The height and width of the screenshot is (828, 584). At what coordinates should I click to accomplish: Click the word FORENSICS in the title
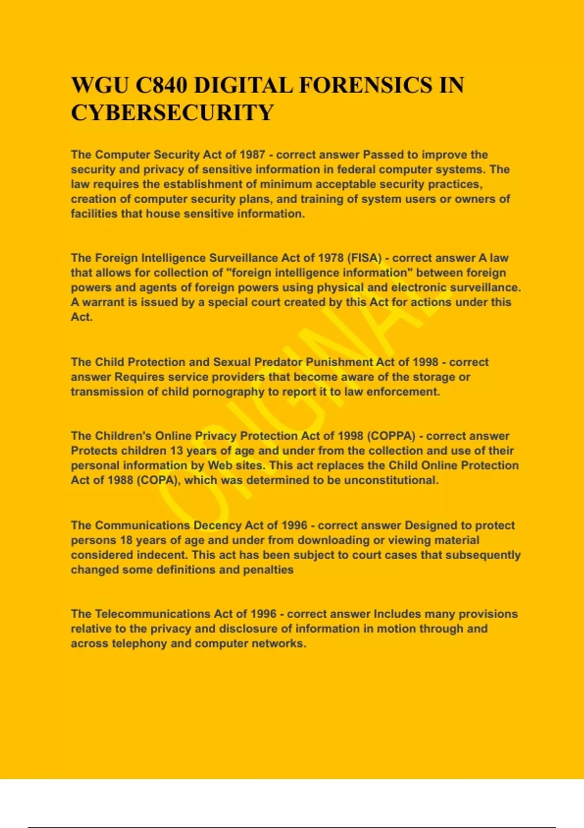coord(365,85)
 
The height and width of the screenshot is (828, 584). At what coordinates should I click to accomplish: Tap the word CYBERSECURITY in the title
coord(172,113)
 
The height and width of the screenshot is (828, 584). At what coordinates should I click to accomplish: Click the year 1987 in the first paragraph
coord(252,155)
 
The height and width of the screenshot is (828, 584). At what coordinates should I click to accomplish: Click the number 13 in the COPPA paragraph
coord(176,451)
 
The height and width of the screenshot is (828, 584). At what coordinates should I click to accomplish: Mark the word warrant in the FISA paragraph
coord(103,302)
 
